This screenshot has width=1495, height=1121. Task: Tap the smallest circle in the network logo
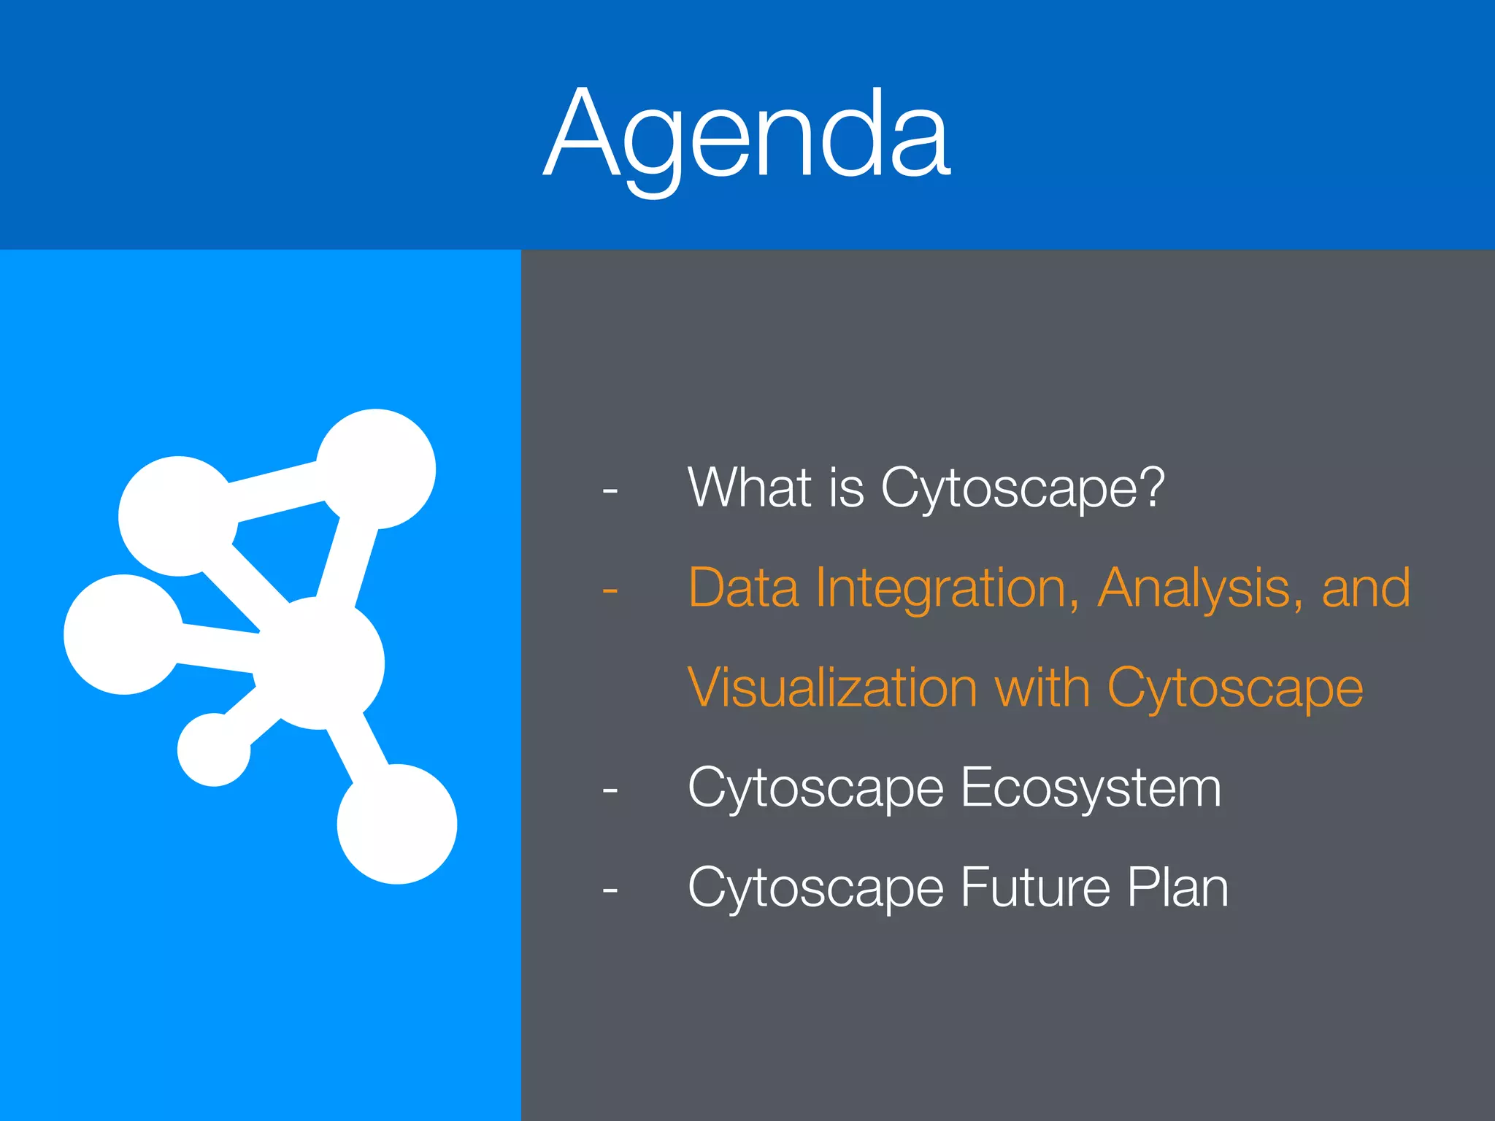[213, 750]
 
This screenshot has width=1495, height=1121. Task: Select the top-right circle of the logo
[376, 469]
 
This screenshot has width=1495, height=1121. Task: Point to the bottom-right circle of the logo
[396, 824]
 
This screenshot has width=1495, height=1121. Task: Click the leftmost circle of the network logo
[123, 634]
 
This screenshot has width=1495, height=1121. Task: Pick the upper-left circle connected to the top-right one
[177, 516]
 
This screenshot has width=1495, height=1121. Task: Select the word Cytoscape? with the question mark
[1022, 489]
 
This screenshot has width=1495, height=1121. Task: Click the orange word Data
[743, 588]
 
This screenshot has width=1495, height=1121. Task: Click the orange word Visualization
[832, 687]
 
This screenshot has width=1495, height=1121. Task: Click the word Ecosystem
[1091, 788]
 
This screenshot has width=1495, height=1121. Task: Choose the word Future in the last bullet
[1035, 887]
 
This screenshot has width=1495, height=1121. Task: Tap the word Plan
[1177, 887]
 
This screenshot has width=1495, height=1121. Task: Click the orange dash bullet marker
[610, 590]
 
